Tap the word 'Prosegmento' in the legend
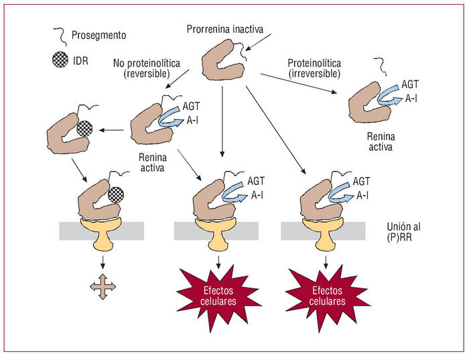[x=98, y=34]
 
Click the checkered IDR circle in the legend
[x=59, y=58]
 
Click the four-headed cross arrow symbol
[x=103, y=286]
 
